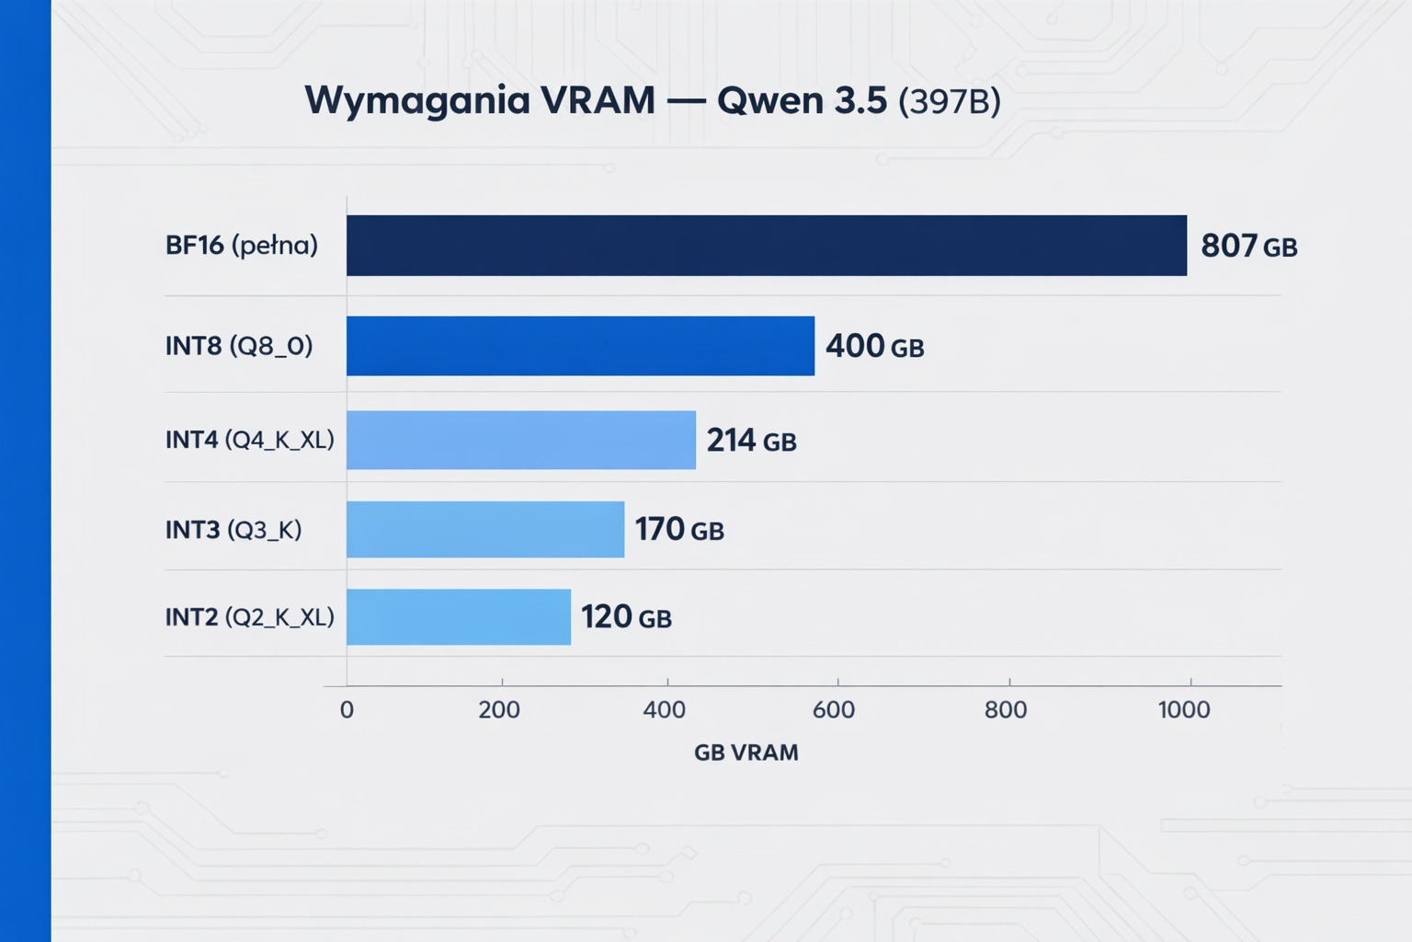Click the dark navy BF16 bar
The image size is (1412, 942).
tap(766, 246)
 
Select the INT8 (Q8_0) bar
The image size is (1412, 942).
tap(580, 346)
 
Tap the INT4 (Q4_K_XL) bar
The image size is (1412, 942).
tap(520, 440)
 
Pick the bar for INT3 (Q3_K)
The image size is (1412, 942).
tap(484, 529)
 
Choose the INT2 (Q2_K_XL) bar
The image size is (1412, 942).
tap(458, 616)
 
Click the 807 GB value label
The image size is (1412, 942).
tap(1248, 246)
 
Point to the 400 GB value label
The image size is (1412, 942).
tap(874, 346)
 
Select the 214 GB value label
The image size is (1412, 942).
tap(751, 441)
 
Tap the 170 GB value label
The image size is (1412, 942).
tap(679, 529)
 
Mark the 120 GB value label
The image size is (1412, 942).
tap(626, 616)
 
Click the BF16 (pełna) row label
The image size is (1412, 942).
tap(242, 246)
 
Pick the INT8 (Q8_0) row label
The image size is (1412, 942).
tap(239, 346)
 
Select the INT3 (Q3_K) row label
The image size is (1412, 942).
tap(233, 530)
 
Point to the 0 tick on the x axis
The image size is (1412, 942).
tap(347, 709)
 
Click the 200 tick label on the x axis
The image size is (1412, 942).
tap(499, 709)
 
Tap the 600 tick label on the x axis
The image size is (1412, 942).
tap(834, 709)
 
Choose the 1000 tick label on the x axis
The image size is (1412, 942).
tap(1184, 709)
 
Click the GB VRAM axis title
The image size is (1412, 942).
tap(746, 752)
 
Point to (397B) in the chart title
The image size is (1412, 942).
tap(949, 101)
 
